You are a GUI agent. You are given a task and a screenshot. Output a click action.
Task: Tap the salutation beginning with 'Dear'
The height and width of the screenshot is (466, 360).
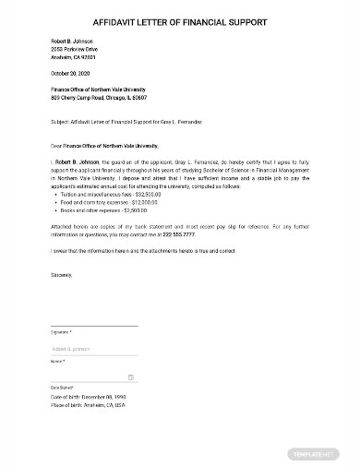tap(104, 145)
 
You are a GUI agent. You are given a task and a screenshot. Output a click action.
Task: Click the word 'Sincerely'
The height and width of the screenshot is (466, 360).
tap(62, 274)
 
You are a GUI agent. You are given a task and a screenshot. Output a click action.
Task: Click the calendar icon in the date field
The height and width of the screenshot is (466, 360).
tap(131, 376)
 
